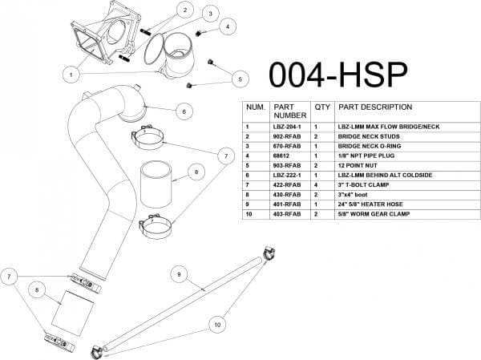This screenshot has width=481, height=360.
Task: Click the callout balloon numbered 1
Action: click(71, 74)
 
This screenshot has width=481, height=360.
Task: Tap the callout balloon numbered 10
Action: click(216, 325)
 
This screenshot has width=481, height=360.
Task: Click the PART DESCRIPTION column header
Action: click(375, 107)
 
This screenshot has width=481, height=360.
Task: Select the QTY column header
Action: click(322, 107)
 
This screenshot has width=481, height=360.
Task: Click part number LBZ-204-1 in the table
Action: click(288, 127)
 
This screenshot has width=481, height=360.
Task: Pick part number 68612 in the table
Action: click(283, 159)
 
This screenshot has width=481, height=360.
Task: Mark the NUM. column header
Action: click(256, 107)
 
